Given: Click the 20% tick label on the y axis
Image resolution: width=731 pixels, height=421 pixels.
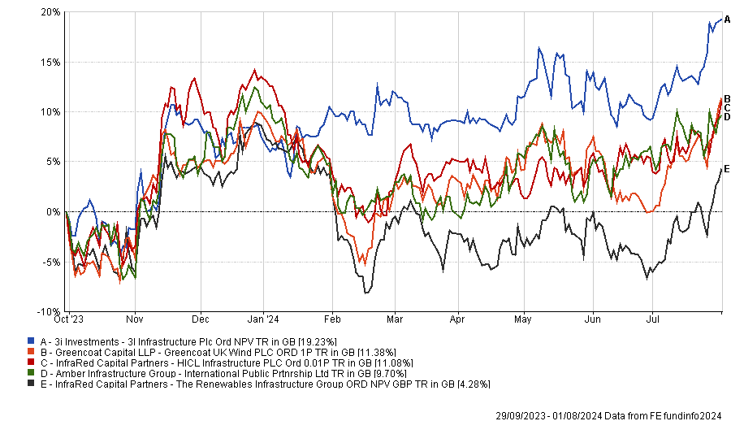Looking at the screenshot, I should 50,12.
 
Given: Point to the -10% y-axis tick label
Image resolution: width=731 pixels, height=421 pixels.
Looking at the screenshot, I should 49,311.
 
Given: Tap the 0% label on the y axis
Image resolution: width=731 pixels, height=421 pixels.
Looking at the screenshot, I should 54,211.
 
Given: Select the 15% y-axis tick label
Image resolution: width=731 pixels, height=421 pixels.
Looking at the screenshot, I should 50,62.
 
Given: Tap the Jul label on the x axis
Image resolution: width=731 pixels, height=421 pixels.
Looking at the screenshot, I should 652,321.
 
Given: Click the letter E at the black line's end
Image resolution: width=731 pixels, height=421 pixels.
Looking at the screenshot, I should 727,169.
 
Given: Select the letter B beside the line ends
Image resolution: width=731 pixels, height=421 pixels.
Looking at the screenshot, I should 727,98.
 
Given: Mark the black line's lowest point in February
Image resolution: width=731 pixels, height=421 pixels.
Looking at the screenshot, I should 366,293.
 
